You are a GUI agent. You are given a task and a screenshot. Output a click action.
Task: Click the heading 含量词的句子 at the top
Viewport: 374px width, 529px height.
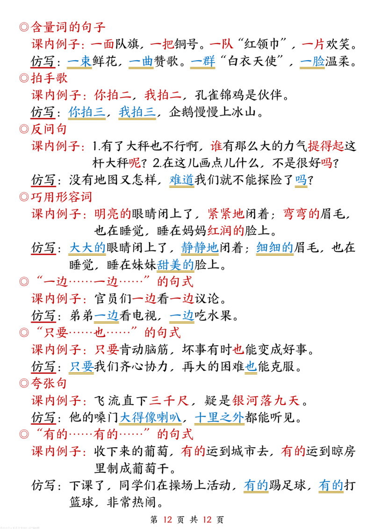(x=68, y=27)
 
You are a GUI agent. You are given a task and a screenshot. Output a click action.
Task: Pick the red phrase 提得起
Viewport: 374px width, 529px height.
(x=325, y=147)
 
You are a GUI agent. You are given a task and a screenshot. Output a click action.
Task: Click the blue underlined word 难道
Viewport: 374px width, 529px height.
(x=181, y=179)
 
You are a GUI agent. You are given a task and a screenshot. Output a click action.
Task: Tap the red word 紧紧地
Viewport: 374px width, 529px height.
(x=225, y=214)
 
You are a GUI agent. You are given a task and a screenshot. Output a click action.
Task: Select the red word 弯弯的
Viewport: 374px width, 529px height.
(x=302, y=214)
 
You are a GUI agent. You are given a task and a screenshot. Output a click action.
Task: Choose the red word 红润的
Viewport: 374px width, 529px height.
(x=225, y=230)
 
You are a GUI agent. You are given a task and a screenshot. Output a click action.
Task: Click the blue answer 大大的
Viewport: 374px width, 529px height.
(x=88, y=247)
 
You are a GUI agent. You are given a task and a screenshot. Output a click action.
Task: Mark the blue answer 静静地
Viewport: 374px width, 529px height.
(x=200, y=247)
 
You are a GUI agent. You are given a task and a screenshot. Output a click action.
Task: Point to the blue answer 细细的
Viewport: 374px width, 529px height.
(x=275, y=247)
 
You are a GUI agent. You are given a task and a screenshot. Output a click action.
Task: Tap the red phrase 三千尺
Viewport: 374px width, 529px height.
(x=169, y=400)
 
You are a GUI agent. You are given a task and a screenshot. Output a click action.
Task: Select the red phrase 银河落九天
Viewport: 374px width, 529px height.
(x=266, y=400)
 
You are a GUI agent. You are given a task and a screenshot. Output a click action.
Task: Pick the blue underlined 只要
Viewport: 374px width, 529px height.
(x=82, y=366)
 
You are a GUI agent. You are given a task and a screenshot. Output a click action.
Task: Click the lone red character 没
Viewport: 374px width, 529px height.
(x=216, y=147)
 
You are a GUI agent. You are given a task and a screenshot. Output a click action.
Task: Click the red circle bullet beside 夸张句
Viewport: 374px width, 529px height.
(x=24, y=383)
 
